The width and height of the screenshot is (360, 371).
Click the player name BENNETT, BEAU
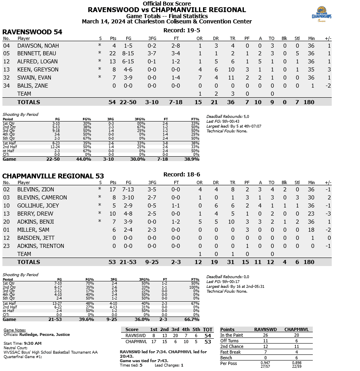click(x=37, y=53)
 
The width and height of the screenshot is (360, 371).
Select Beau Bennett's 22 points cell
click(x=113, y=53)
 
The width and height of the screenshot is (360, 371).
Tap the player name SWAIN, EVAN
click(x=34, y=78)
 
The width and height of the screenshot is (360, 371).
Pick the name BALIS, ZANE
click(x=33, y=86)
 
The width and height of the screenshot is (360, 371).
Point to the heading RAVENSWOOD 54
click(x=32, y=32)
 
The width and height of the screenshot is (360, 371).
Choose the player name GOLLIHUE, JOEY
click(x=38, y=205)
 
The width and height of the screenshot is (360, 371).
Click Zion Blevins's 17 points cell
click(x=113, y=189)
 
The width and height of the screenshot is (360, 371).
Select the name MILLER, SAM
click(x=33, y=230)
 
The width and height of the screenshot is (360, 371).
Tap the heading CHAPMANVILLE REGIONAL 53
click(x=53, y=176)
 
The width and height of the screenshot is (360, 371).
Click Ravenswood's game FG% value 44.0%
click(x=84, y=159)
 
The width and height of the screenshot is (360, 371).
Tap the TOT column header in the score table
click(x=208, y=329)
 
